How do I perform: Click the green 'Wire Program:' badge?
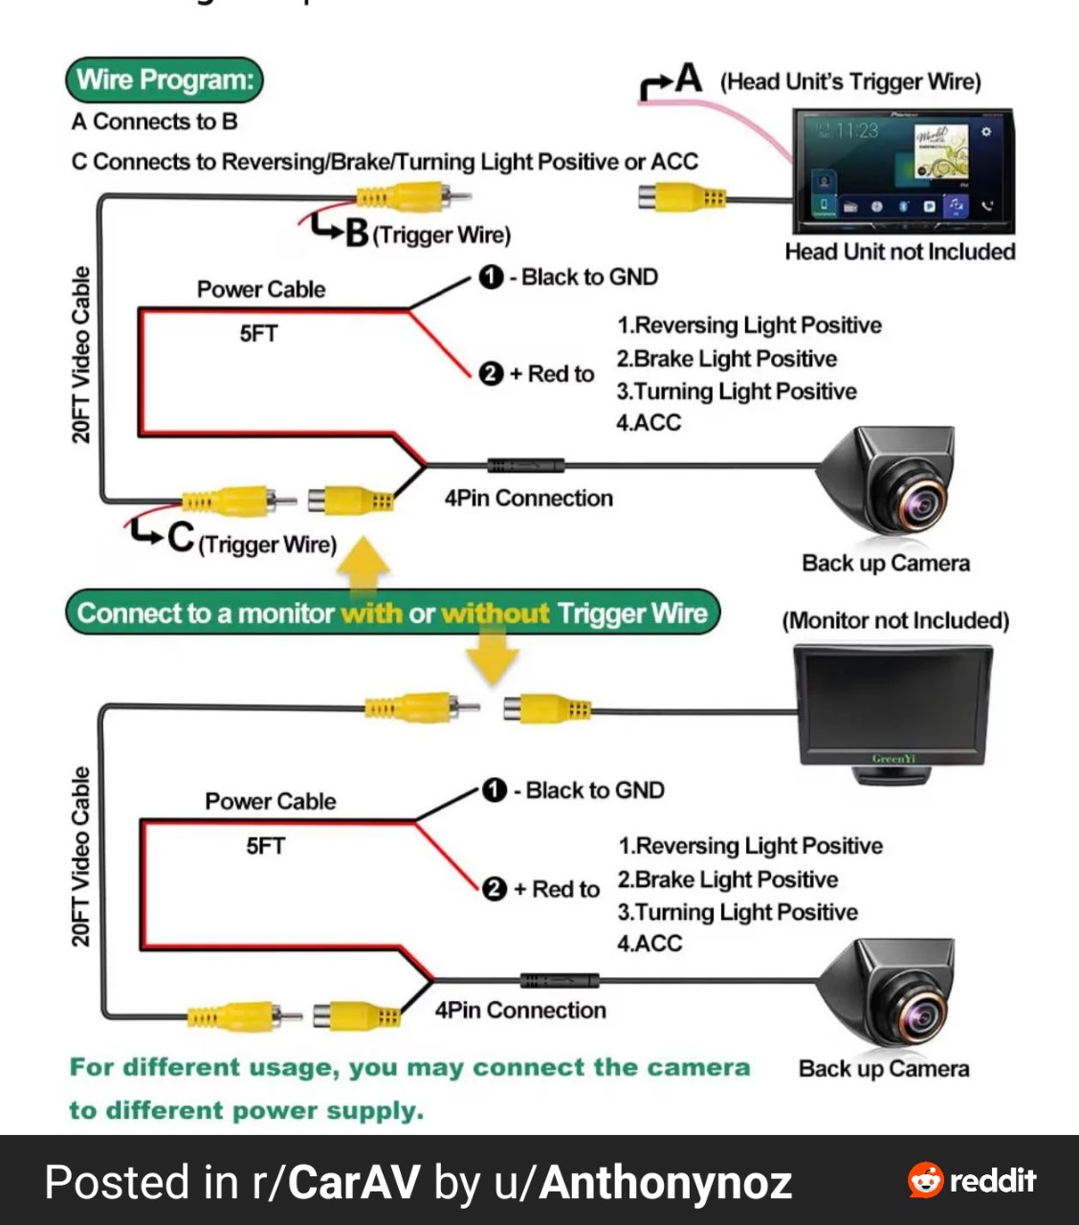click(165, 79)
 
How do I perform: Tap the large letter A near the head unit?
click(689, 78)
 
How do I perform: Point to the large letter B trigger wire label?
click(357, 233)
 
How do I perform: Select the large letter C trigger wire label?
click(181, 537)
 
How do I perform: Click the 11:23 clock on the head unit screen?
click(857, 130)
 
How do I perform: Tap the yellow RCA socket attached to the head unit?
click(682, 198)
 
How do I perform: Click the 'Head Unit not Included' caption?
click(900, 252)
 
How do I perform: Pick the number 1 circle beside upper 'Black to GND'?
click(491, 277)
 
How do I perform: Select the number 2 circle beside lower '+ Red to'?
click(495, 889)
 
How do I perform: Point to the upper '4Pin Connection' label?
click(529, 499)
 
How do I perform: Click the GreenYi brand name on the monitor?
click(893, 759)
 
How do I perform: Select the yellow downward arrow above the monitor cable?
click(492, 655)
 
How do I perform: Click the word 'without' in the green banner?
click(495, 613)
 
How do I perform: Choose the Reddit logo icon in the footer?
click(925, 1180)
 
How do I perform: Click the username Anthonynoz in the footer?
click(665, 1183)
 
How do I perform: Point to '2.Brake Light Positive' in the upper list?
click(727, 359)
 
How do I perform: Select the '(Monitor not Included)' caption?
click(895, 620)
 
